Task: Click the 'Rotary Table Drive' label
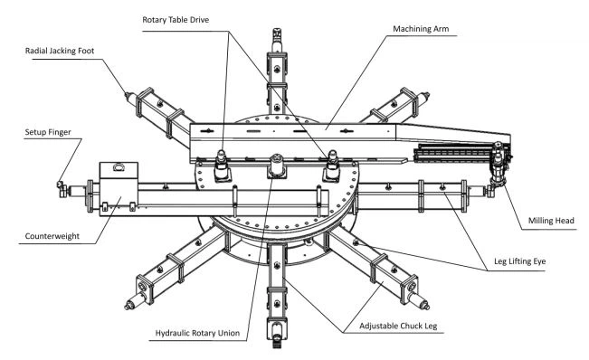tap(176, 20)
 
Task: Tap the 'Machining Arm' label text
tap(421, 29)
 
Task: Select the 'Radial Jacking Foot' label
tap(60, 51)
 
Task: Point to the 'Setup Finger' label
tap(48, 132)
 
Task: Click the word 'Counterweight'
tap(52, 236)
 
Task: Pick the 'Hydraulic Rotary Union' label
tap(197, 333)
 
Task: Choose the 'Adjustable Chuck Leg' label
tap(398, 326)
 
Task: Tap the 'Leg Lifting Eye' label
tap(519, 261)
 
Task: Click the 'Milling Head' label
tap(551, 221)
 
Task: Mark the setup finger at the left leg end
tap(62, 187)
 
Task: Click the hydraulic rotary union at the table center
tap(277, 166)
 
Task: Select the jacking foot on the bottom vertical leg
tap(277, 336)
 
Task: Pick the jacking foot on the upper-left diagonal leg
tap(131, 98)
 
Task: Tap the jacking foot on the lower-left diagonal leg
tap(134, 301)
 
